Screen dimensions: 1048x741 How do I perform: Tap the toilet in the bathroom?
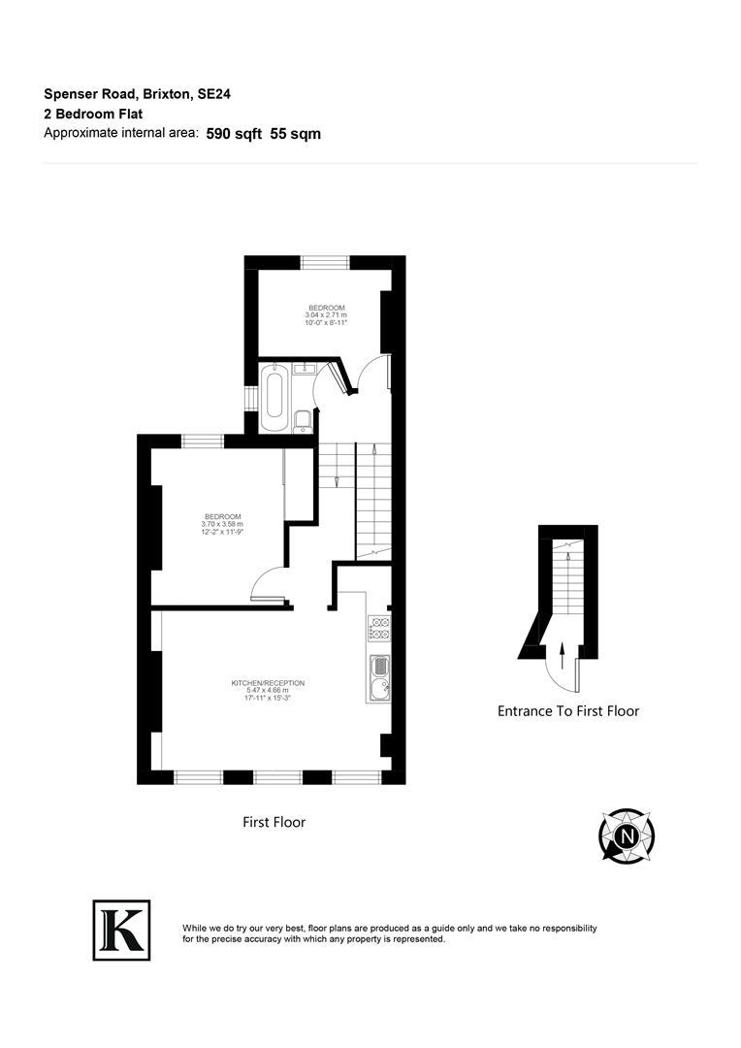302,420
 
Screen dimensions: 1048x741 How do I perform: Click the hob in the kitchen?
379,629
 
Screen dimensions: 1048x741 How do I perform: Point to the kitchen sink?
379,676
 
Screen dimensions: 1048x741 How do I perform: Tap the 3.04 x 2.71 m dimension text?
326,315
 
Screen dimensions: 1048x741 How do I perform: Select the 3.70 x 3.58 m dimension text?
221,524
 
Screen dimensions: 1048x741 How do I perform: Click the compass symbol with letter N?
627,835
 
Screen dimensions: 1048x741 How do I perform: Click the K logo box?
121,931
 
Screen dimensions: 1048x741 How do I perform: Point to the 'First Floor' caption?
274,822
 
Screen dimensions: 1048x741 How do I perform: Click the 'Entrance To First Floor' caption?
568,711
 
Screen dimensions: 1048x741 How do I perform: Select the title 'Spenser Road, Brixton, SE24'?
137,94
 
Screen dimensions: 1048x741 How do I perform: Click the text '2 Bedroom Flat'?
93,114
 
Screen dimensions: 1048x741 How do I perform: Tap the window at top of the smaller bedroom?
325,261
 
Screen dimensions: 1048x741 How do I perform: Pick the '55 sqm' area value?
296,134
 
